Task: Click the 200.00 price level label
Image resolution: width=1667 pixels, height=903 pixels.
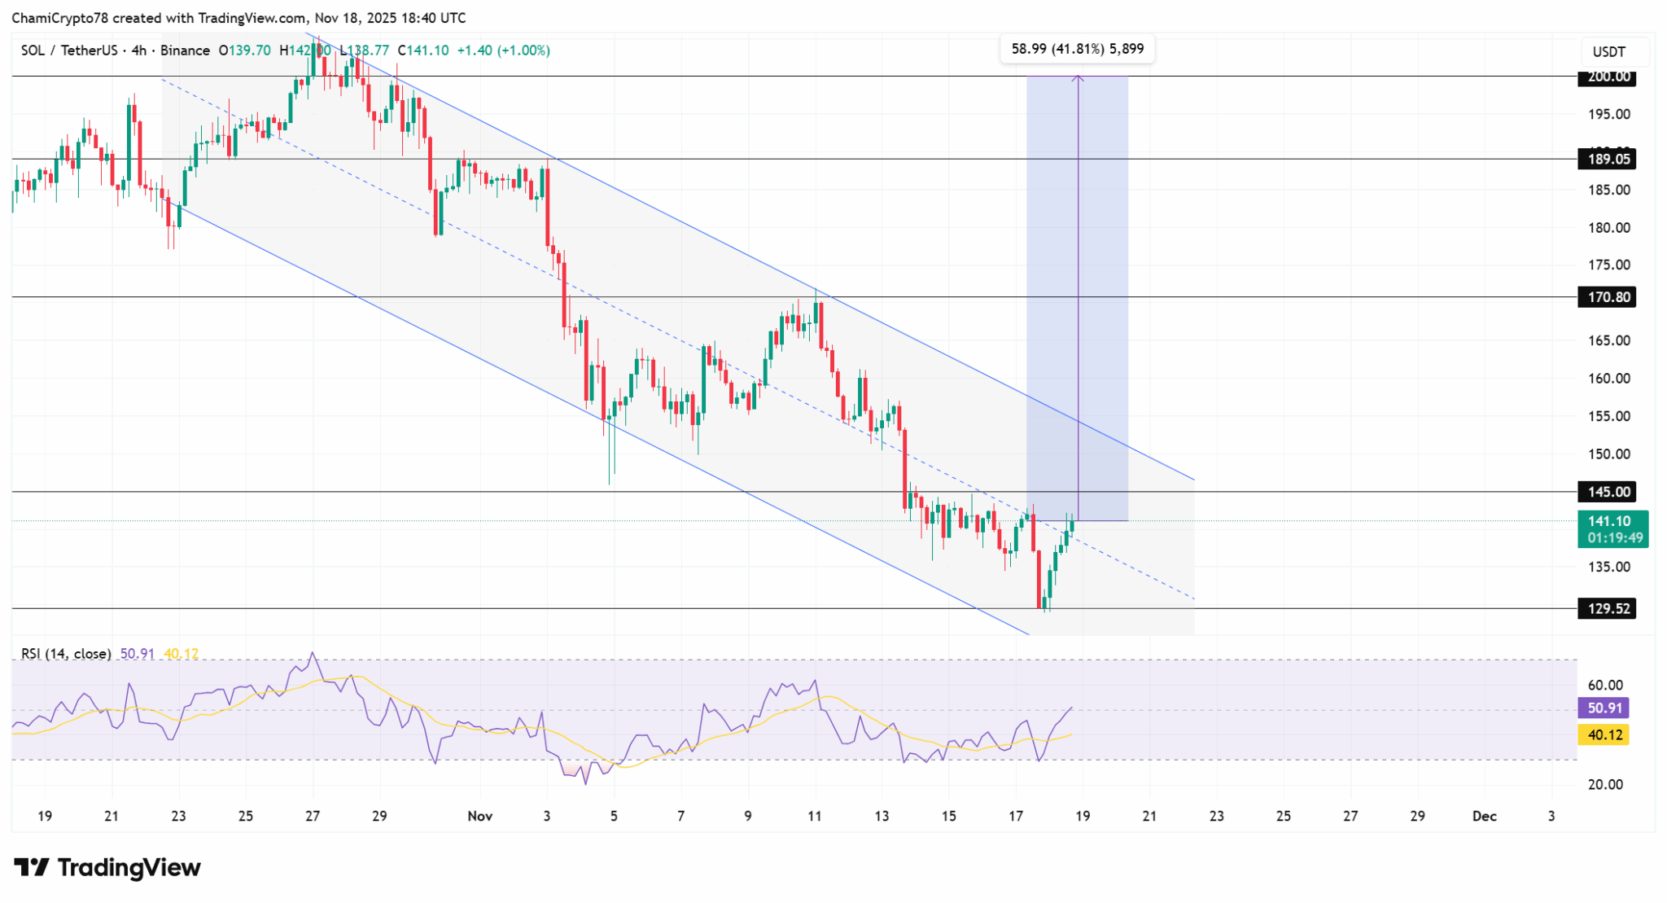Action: (x=1608, y=77)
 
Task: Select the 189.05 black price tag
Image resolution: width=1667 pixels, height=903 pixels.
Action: (x=1608, y=159)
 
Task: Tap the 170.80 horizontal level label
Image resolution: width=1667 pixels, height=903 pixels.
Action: (x=1608, y=297)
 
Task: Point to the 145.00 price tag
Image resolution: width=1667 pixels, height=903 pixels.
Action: (x=1608, y=492)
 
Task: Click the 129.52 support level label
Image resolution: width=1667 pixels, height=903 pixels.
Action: (x=1608, y=608)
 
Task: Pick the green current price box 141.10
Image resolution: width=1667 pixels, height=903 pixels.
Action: (x=1612, y=528)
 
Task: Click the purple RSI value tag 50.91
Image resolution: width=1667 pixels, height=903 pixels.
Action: (x=1604, y=708)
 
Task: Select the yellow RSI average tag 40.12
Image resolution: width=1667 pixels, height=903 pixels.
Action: (x=1604, y=735)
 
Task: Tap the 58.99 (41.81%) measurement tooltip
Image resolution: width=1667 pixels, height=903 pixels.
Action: (x=1077, y=49)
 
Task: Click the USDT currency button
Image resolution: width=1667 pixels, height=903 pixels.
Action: (x=1608, y=52)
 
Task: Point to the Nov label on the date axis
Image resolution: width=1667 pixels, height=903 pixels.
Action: (x=480, y=816)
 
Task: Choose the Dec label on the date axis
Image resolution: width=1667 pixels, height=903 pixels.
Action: (x=1484, y=816)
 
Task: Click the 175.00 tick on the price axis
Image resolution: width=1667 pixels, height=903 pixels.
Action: (x=1608, y=265)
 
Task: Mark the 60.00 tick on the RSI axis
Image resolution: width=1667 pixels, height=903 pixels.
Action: (x=1605, y=685)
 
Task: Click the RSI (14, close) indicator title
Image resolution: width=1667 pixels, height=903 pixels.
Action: (x=66, y=654)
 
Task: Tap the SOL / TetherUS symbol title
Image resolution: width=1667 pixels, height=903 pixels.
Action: (x=68, y=50)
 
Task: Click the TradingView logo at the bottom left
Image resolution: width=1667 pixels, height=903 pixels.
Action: (x=107, y=868)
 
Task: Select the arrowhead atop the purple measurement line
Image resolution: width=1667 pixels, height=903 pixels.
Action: (x=1078, y=79)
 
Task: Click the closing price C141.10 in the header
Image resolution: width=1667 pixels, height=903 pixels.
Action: (x=423, y=50)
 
